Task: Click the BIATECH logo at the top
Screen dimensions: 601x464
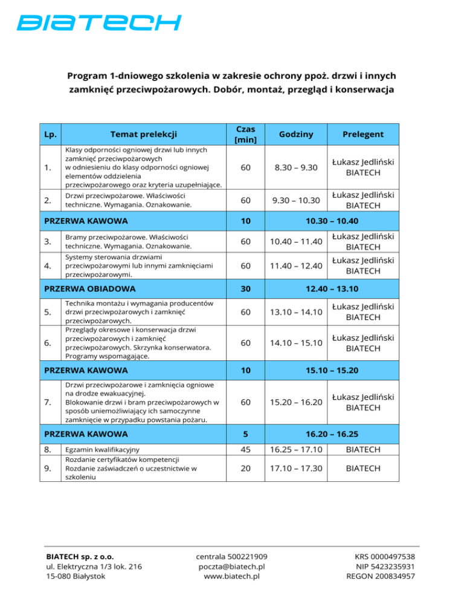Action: (x=98, y=23)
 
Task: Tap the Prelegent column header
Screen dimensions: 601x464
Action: (x=362, y=134)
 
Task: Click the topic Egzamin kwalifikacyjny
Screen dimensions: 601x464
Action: (x=102, y=450)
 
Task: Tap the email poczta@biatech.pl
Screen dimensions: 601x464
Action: (x=232, y=566)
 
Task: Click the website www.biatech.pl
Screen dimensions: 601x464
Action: (x=232, y=577)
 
